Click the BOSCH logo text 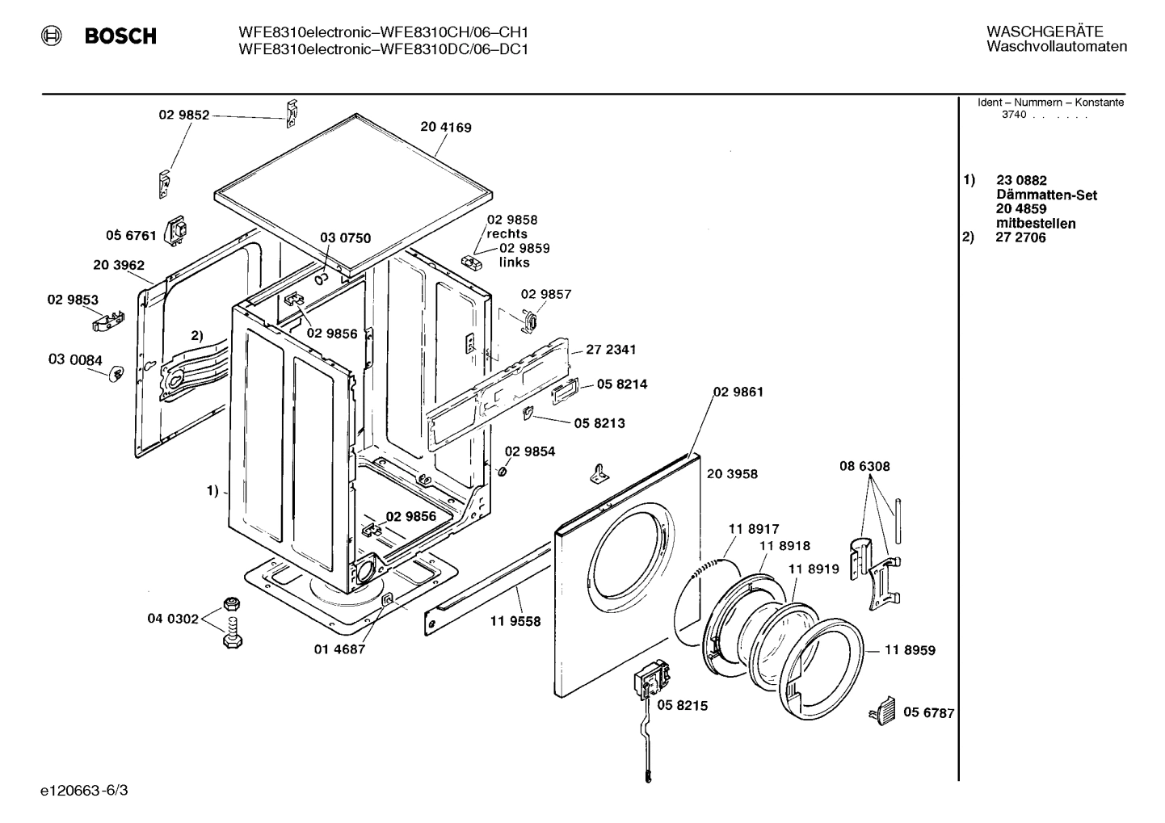coord(120,36)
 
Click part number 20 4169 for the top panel coord(445,127)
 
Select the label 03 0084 coord(75,359)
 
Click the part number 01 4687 coord(339,649)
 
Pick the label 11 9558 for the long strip coord(515,621)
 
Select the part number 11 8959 coord(910,650)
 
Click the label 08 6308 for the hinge coord(864,466)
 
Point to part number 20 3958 coord(732,474)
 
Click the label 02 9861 coord(738,392)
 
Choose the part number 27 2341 coord(611,350)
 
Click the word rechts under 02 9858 coord(507,233)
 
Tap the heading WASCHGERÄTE coord(1044,31)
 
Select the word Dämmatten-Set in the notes coord(1046,195)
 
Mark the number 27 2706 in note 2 coord(1020,237)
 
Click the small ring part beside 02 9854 coord(501,470)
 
